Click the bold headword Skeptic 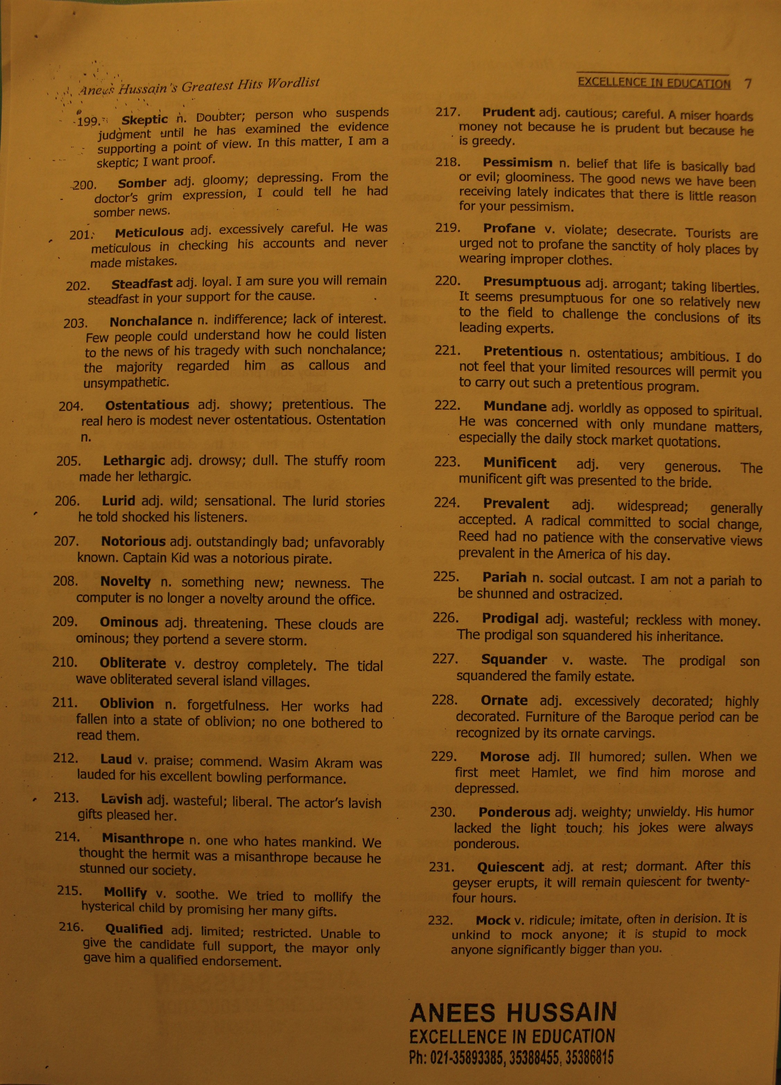point(145,119)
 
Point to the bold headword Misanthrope point(142,839)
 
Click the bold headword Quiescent point(510,867)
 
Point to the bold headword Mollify point(125,892)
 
